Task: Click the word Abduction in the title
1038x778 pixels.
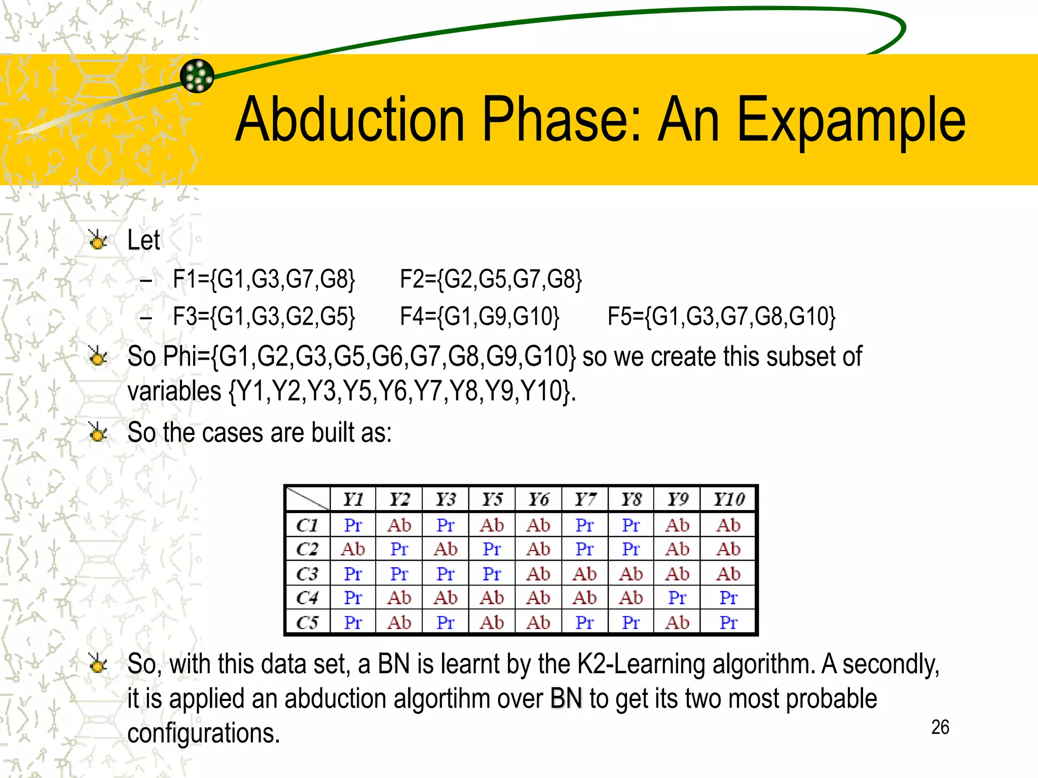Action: coord(350,121)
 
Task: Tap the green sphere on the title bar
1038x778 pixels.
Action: coord(197,76)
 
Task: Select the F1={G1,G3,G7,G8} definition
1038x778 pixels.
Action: coord(264,279)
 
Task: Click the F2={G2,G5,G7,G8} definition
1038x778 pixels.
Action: coord(491,279)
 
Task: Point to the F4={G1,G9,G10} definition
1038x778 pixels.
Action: coord(479,317)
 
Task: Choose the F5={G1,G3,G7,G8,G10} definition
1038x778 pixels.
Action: coord(721,317)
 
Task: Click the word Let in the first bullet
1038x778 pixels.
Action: coord(143,240)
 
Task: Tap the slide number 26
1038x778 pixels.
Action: coord(940,727)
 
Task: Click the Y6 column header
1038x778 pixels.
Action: coord(538,499)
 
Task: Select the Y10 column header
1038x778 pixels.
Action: coord(728,499)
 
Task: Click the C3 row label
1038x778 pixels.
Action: coord(307,574)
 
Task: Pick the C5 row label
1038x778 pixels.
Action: coord(307,623)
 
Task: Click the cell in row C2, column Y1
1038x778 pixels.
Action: coord(353,549)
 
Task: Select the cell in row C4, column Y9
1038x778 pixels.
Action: coord(677,598)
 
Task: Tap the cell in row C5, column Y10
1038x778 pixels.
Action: coord(728,623)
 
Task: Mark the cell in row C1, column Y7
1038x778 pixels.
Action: coord(584,525)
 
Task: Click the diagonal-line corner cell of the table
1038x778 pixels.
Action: coord(307,499)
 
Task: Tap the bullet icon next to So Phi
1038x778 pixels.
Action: coord(97,357)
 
